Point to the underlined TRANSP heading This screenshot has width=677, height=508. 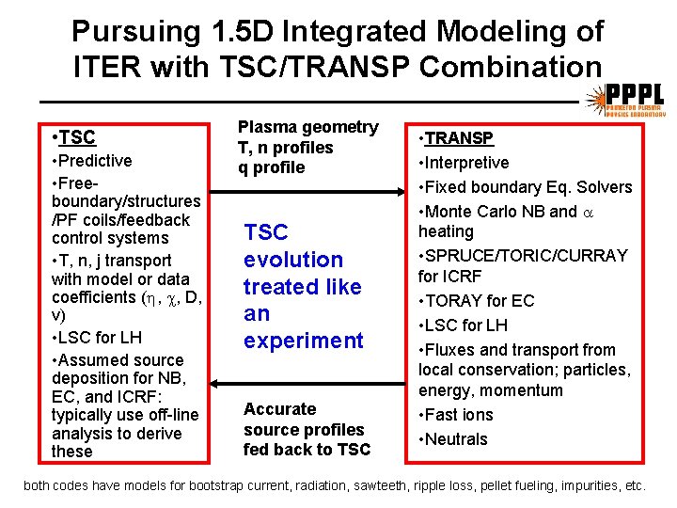(x=459, y=138)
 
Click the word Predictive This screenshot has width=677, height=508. (x=94, y=161)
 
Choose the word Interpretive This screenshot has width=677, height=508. (x=466, y=163)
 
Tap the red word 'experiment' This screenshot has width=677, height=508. (x=303, y=341)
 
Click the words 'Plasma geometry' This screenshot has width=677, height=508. (x=307, y=127)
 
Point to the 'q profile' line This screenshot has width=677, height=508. (x=272, y=167)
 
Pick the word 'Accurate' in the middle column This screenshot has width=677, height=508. (x=279, y=409)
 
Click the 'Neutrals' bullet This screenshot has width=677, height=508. (x=456, y=439)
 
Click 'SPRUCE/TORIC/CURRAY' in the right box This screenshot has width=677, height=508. (x=527, y=256)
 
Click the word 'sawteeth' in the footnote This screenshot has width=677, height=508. (x=428, y=486)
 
